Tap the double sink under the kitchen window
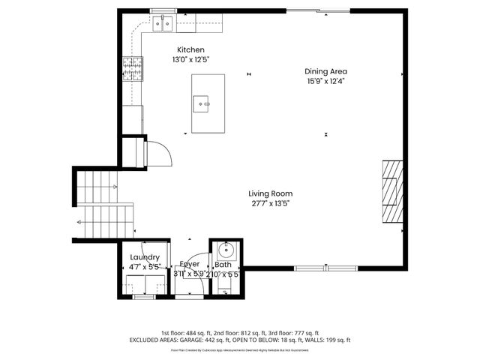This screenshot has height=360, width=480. coord(164,25)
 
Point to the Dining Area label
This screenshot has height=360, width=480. coord(325,71)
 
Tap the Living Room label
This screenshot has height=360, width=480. coord(271,193)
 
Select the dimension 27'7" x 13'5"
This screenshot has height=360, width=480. coord(271,202)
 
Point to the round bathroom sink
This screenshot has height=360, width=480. coord(224,251)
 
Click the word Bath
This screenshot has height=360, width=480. coord(223,265)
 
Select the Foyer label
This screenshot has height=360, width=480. coord(189,265)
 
